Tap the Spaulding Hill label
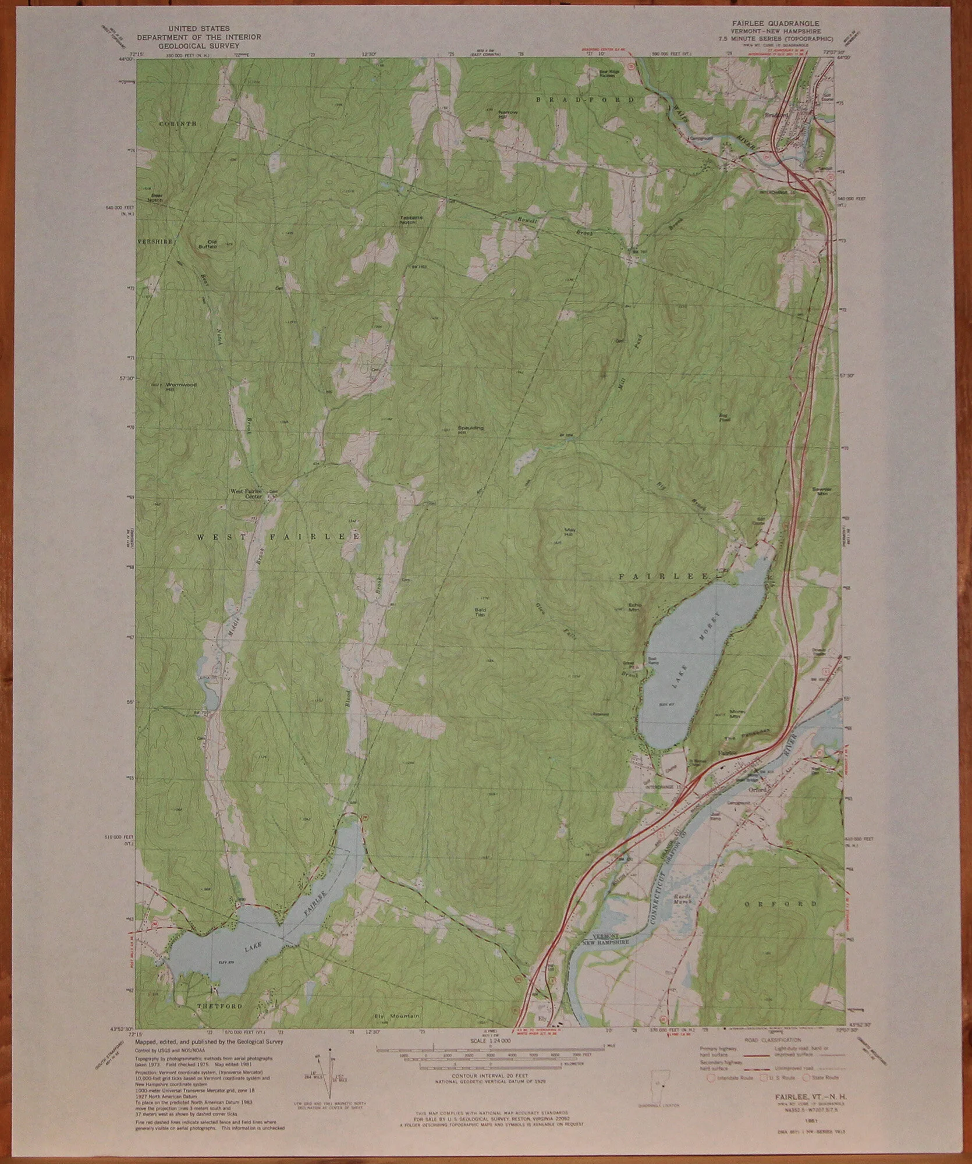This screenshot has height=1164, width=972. click(x=471, y=430)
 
